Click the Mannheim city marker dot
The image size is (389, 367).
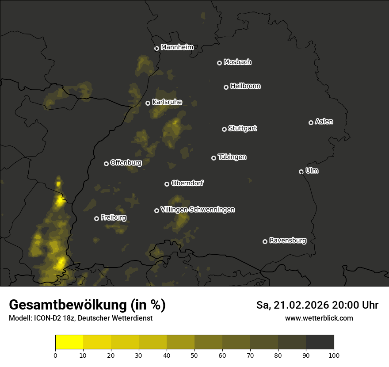coord(156,49)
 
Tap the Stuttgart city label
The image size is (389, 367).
coord(243,129)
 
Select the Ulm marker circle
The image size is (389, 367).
coord(301,172)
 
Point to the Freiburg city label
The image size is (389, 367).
coord(114,218)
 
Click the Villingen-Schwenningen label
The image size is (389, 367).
coord(198,210)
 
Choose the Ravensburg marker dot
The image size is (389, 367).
coord(265,241)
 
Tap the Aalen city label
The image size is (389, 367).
coord(324,122)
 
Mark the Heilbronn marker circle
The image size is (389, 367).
coord(226,87)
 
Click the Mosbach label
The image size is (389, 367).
coord(237,62)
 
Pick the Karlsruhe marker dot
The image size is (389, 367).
coord(148,103)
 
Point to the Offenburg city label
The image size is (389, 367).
coord(126,163)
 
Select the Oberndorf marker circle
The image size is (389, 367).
coord(167,184)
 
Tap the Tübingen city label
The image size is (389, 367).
coord(232,157)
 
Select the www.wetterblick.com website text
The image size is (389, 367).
coord(319,318)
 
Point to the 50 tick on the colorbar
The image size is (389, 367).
coord(194,355)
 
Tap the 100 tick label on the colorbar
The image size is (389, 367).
coord(334,355)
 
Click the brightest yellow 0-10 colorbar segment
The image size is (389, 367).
coord(69,342)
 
